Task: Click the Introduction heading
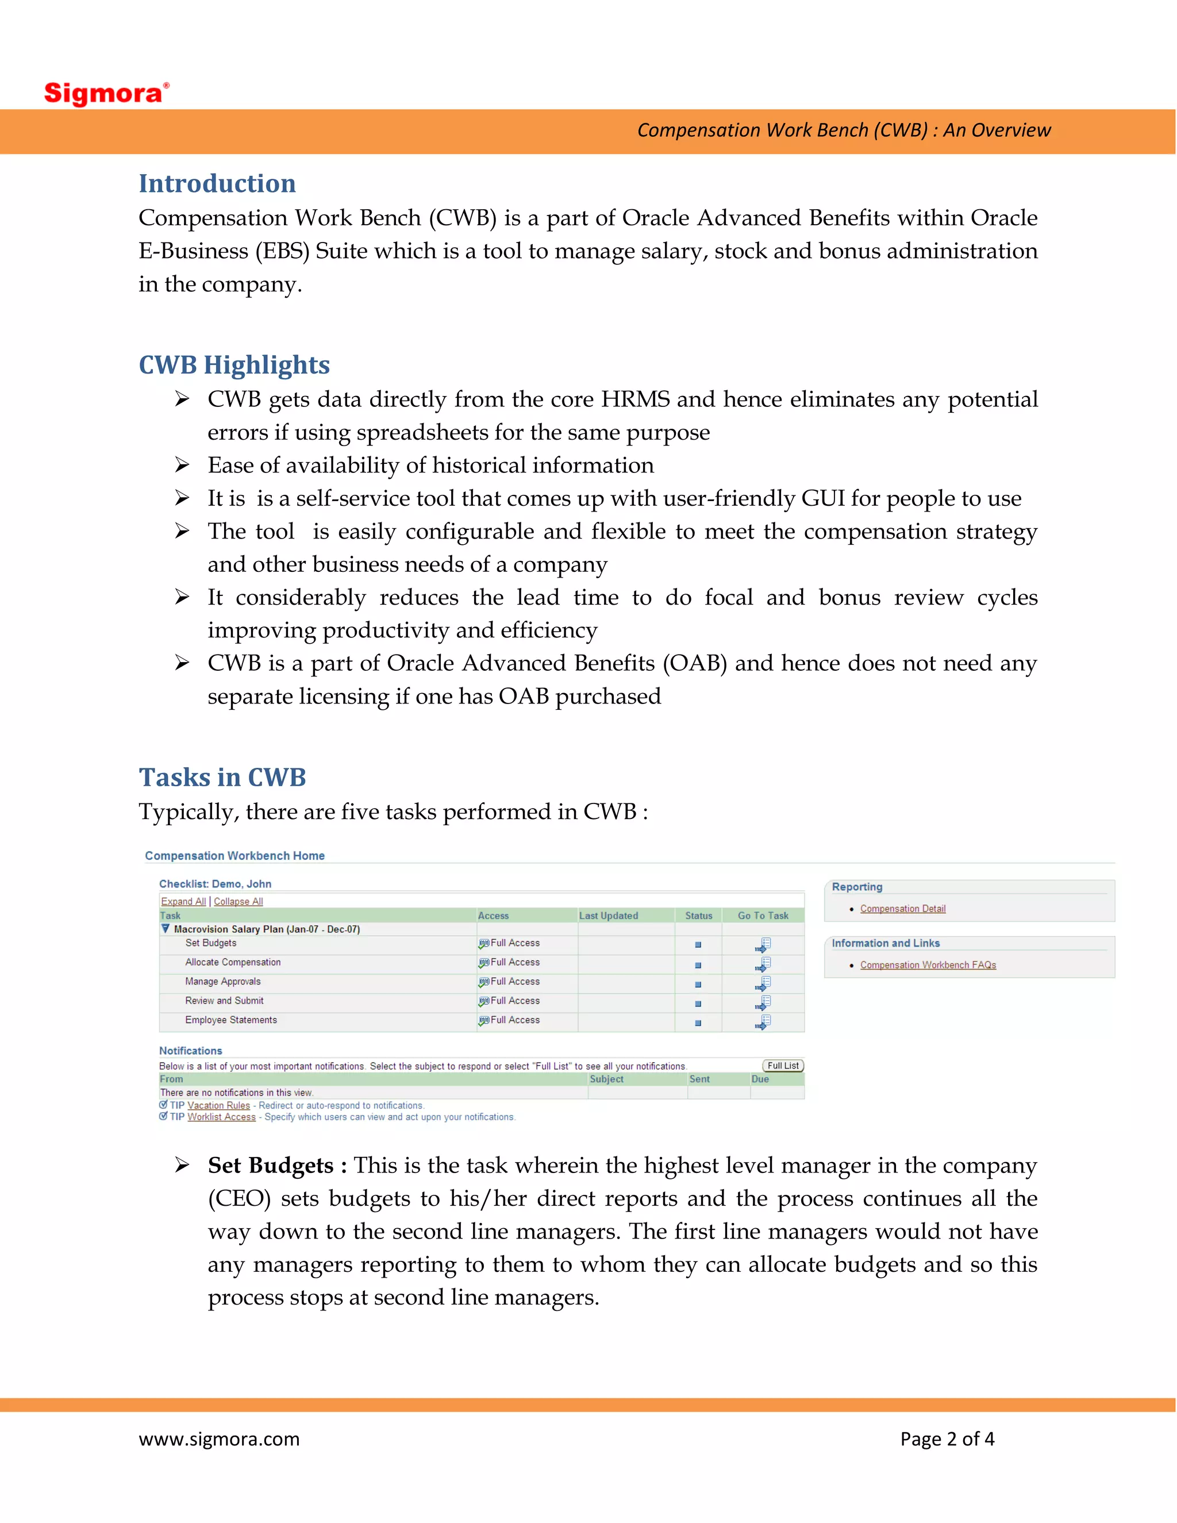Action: [217, 183]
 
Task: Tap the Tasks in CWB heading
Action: [222, 777]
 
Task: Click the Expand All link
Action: [183, 901]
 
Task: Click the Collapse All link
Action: [238, 901]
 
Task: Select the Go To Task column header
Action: [763, 916]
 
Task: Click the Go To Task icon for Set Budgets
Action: [763, 945]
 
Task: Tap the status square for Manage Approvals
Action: [698, 984]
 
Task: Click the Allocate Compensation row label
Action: [233, 962]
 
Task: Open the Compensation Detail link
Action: [902, 909]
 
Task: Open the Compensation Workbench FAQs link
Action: [928, 965]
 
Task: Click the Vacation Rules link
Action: [218, 1105]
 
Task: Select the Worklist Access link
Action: [221, 1117]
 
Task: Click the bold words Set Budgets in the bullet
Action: [271, 1166]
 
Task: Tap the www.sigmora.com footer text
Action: [219, 1439]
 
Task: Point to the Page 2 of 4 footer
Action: [947, 1439]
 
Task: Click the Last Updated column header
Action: [608, 916]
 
